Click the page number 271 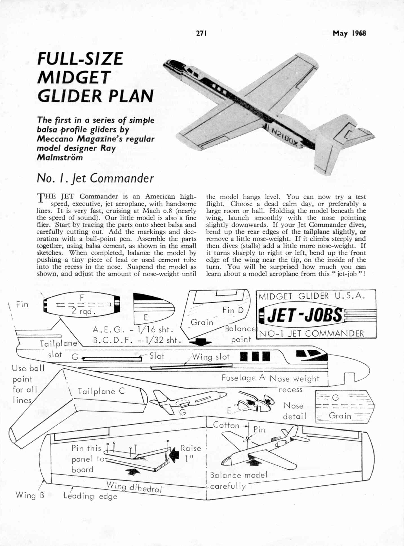[201, 33]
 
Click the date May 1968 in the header [349, 33]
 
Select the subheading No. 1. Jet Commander [95, 178]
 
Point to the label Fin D [233, 310]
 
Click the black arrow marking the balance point [200, 342]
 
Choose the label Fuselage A [243, 378]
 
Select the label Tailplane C [101, 391]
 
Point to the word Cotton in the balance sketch [226, 425]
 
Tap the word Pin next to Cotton [259, 430]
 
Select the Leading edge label [90, 496]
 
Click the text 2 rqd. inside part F [84, 311]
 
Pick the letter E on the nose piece [146, 318]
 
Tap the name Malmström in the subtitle [60, 157]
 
